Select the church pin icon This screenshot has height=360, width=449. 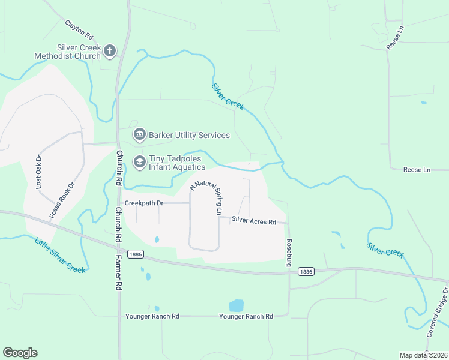click(109, 51)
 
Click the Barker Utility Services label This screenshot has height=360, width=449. click(189, 135)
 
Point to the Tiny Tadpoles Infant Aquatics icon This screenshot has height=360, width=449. click(139, 162)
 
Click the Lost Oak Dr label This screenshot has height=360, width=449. click(38, 172)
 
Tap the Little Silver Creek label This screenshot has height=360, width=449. click(60, 254)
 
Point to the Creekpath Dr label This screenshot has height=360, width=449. click(144, 203)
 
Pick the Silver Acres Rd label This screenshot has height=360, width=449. click(253, 222)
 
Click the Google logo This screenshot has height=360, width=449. click(20, 353)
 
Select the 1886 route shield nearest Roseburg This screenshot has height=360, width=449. click(306, 272)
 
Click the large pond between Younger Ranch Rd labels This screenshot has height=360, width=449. click(237, 306)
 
